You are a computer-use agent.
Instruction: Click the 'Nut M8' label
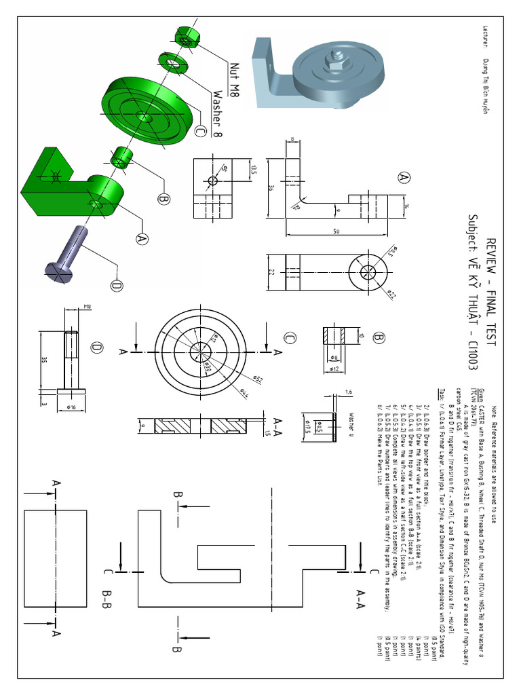(x=235, y=79)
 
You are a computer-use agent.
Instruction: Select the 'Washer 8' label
(x=218, y=113)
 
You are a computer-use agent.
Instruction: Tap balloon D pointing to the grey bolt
(x=116, y=286)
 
